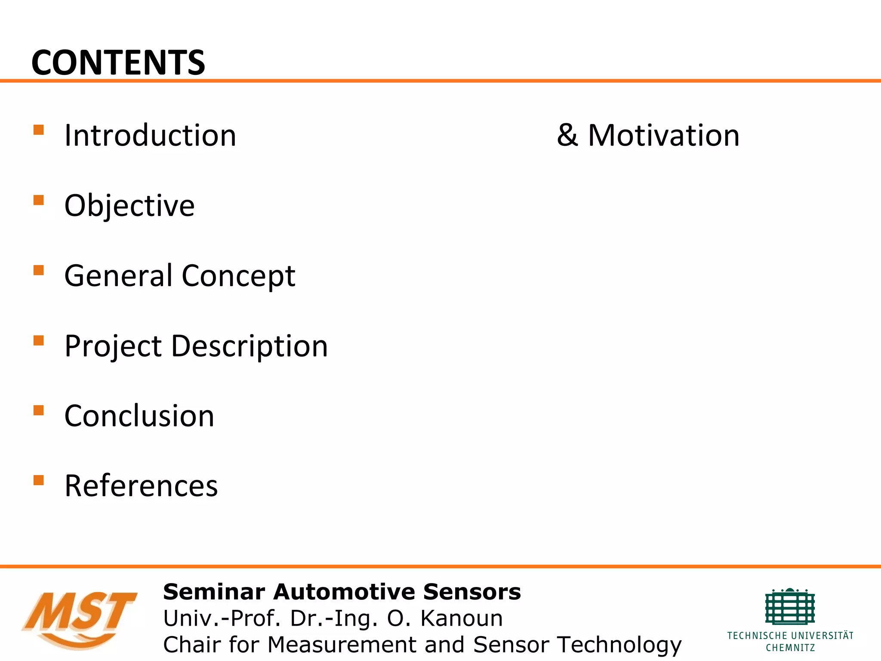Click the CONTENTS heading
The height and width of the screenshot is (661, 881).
pyautogui.click(x=118, y=63)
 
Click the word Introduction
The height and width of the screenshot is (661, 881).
pyautogui.click(x=150, y=136)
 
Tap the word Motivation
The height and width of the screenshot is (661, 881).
pyautogui.click(x=664, y=136)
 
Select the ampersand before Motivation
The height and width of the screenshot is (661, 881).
pyautogui.click(x=567, y=136)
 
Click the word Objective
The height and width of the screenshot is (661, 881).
pyautogui.click(x=129, y=206)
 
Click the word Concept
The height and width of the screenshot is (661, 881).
pyautogui.click(x=238, y=275)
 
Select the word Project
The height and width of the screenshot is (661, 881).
pyautogui.click(x=113, y=346)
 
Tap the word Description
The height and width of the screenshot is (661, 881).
pyautogui.click(x=250, y=346)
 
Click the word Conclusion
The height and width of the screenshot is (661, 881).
pyautogui.click(x=139, y=416)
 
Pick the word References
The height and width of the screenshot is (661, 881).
pyautogui.click(x=141, y=486)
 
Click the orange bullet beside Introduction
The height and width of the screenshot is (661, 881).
pyautogui.click(x=39, y=130)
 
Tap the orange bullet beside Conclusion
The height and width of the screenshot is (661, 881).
pyautogui.click(x=39, y=410)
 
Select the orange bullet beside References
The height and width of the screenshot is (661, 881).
pyautogui.click(x=39, y=480)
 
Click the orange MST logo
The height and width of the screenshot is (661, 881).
pyautogui.click(x=80, y=618)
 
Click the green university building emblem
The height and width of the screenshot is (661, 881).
pyautogui.click(x=790, y=607)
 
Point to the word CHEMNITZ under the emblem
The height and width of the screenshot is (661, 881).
pyautogui.click(x=790, y=648)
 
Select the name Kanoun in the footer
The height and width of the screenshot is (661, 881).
pyautogui.click(x=461, y=618)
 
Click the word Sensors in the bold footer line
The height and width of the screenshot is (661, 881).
pyautogui.click(x=472, y=592)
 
